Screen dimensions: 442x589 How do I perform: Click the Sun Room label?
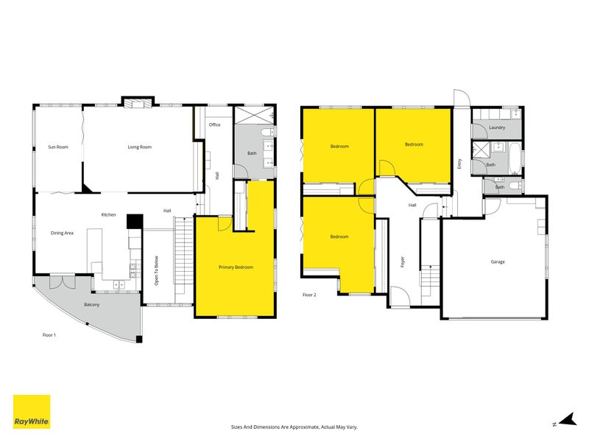coord(58,147)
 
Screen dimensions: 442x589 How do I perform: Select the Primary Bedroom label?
coord(236,267)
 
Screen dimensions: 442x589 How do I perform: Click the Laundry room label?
coord(497,128)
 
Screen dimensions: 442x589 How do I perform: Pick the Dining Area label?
coord(62,234)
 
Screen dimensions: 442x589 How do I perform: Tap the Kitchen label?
coord(108,214)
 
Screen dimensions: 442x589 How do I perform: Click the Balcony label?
coord(91,304)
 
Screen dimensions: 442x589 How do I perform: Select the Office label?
coord(215,125)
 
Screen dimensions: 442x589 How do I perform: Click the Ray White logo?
coord(32,412)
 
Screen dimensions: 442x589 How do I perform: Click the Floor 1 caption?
coord(50,334)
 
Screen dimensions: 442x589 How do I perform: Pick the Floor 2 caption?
coord(310,295)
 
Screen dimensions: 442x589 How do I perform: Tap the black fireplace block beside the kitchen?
coord(134,222)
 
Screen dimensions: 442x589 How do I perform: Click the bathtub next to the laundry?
coord(514,158)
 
